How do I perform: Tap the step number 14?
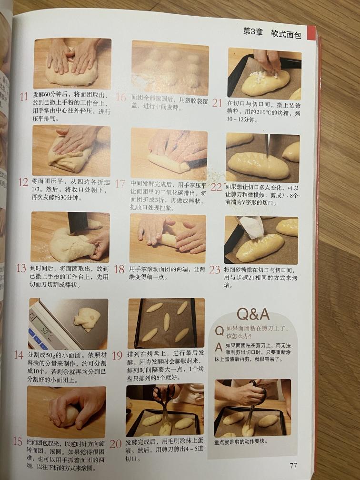(x=19, y=355)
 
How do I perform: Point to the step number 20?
(x=115, y=443)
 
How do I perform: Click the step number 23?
(x=215, y=270)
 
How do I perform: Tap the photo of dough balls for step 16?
(x=170, y=68)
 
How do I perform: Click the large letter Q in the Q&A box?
(x=219, y=330)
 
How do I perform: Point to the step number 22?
(x=216, y=187)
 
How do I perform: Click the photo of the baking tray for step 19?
(x=165, y=323)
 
